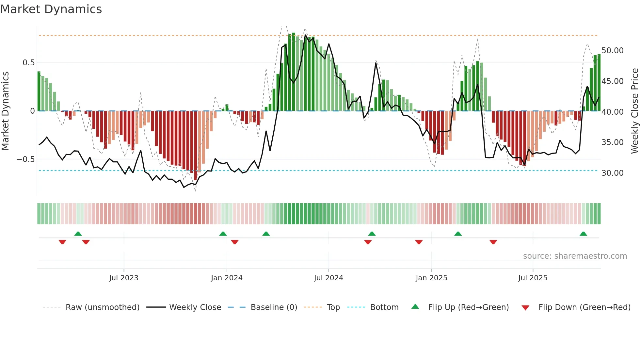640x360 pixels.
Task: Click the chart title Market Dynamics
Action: point(51,9)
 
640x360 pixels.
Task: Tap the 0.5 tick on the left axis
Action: point(28,63)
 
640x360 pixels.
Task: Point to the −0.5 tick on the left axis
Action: point(26,159)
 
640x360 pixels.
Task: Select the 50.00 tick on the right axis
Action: point(612,51)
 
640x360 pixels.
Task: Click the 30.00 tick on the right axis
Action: point(612,173)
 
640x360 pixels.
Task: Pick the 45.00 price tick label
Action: point(612,81)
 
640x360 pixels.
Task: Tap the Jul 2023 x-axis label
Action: point(124,278)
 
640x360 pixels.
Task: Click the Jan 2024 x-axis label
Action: point(227,278)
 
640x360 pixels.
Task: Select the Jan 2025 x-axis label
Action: point(431,278)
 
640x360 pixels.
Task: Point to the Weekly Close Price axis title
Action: point(634,111)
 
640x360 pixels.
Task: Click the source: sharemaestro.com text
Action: point(575,256)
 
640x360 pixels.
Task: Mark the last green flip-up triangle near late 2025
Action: point(583,234)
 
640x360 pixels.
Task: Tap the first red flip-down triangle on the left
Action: point(62,242)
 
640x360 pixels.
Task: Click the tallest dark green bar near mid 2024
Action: point(293,72)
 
